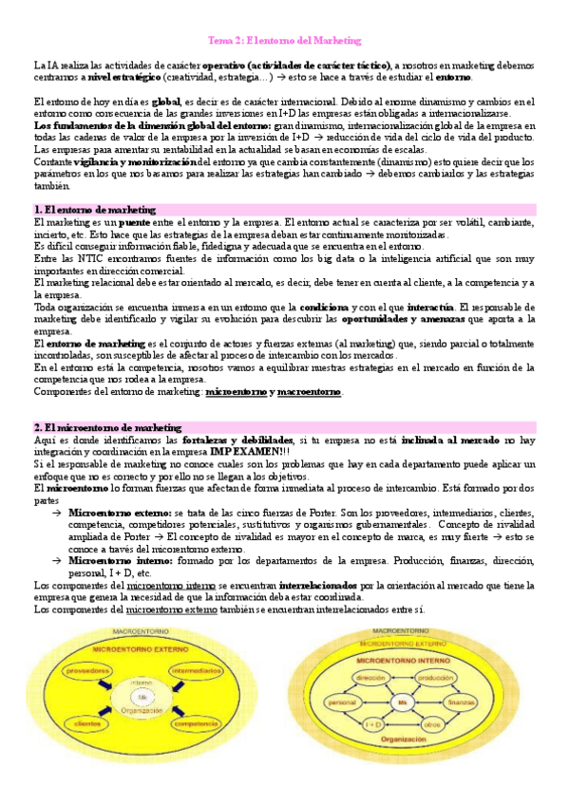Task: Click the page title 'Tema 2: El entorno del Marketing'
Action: (285, 41)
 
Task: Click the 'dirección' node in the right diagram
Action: (368, 678)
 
